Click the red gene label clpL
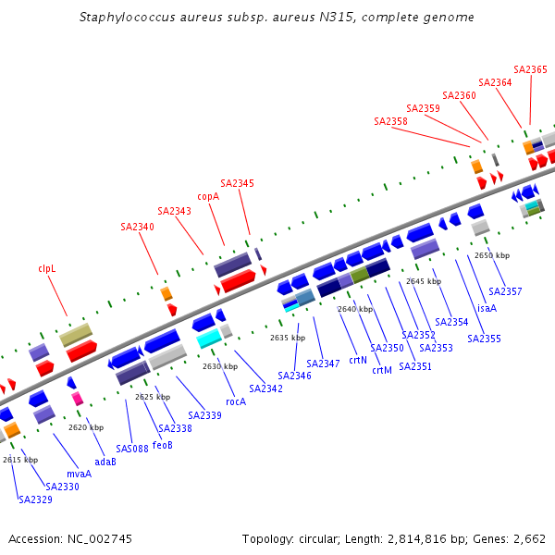[x=47, y=268]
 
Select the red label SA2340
[x=137, y=227]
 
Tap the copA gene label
[x=208, y=196]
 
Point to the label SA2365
[x=530, y=69]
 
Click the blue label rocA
[x=236, y=401]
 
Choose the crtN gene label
[x=358, y=360]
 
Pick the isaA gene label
[x=487, y=308]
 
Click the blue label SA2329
[x=35, y=499]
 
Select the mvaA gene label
[x=80, y=475]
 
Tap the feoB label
[x=163, y=445]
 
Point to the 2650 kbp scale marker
[x=491, y=255]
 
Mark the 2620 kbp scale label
[x=86, y=427]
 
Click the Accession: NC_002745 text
[x=70, y=538]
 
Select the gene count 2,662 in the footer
[x=527, y=538]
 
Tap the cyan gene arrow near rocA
[x=208, y=338]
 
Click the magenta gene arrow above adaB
[x=78, y=399]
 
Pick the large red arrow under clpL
[x=81, y=351]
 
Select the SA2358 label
[x=390, y=121]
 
